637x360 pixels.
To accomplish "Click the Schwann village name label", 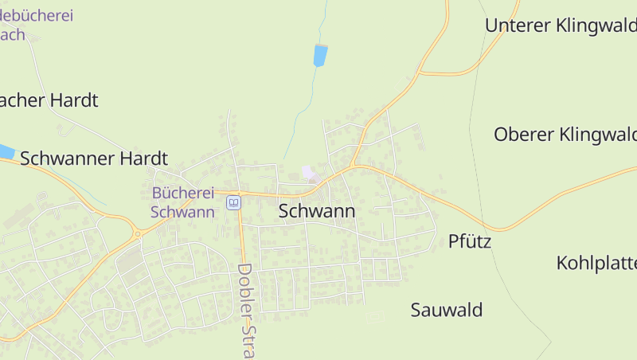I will point(317,211).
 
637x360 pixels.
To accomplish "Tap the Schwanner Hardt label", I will point(94,158).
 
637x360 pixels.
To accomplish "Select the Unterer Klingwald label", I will point(561,25).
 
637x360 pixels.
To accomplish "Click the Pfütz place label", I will point(470,241).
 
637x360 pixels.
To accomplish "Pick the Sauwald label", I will point(447,310).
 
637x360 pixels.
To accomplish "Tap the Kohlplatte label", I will point(596,263).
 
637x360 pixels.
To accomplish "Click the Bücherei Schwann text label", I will point(183,202).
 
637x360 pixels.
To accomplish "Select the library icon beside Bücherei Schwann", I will point(233,202).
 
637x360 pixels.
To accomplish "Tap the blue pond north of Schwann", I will point(320,55).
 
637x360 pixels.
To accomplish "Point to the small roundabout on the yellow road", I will point(138,233).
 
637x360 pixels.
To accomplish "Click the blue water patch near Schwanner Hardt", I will point(6,151).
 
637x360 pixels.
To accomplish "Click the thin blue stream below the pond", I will point(301,112).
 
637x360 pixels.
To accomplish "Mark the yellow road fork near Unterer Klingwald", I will point(419,73).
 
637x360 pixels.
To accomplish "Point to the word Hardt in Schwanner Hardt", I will point(143,158).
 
